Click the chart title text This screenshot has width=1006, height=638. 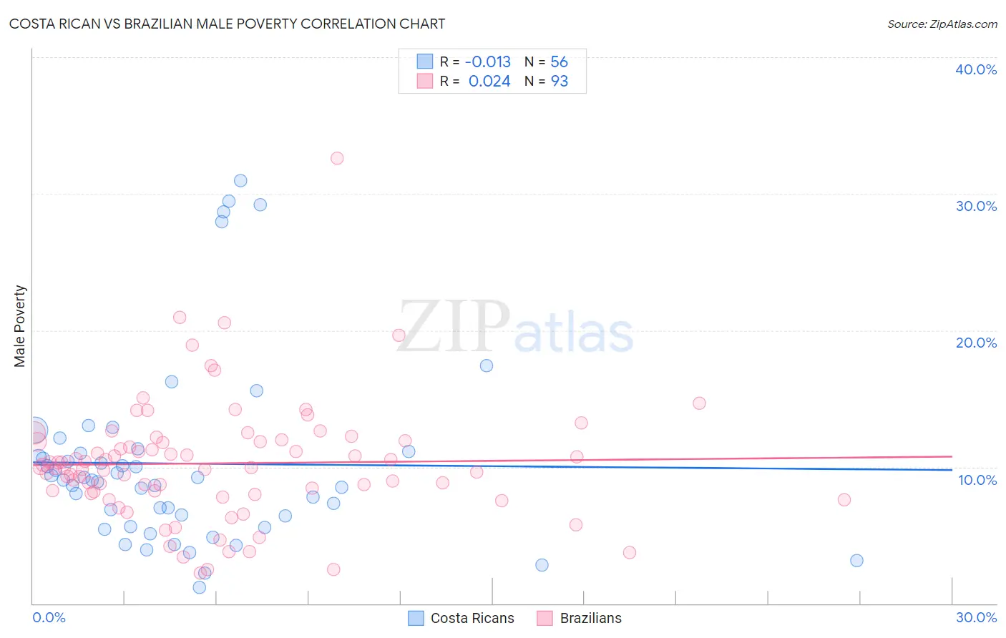coord(227,24)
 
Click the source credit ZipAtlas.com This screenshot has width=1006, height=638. coord(942,24)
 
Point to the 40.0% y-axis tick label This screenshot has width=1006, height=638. coord(976,69)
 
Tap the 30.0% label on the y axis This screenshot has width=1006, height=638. coord(976,206)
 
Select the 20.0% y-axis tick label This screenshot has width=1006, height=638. coord(976,343)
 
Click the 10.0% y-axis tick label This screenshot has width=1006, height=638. coord(977,480)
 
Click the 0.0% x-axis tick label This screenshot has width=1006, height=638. coord(49,617)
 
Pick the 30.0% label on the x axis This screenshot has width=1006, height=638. coord(976,617)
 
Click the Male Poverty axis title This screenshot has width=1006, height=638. coord(20,326)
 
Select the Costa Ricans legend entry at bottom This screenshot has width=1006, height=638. coord(461,618)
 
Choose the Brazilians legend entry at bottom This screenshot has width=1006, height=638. coord(580,618)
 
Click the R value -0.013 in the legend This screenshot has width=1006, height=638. coord(488,62)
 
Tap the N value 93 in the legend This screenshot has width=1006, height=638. coord(559,82)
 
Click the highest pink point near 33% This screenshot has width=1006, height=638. coord(337,158)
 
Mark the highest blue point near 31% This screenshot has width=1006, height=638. coord(240,181)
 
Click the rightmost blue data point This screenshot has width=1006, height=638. coord(856,561)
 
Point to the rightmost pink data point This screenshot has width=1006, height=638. coord(844,500)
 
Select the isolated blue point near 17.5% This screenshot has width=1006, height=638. coord(487,365)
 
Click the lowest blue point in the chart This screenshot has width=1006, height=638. coord(200,587)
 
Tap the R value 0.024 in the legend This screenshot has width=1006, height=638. coord(489,82)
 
